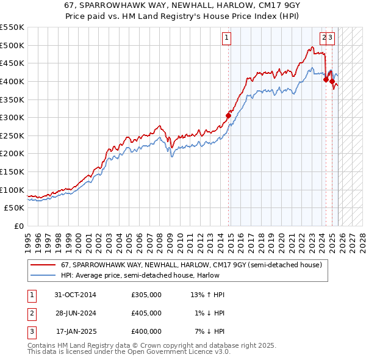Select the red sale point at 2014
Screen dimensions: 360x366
(x=229, y=115)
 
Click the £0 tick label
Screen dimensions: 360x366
(x=18, y=226)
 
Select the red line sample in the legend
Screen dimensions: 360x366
(x=43, y=265)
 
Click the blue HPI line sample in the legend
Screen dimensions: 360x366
(x=43, y=275)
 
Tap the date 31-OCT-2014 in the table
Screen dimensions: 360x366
(x=75, y=295)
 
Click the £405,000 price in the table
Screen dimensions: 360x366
(x=146, y=313)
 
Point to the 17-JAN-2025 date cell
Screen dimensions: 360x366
(x=76, y=331)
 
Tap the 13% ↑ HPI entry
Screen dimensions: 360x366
(x=207, y=295)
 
